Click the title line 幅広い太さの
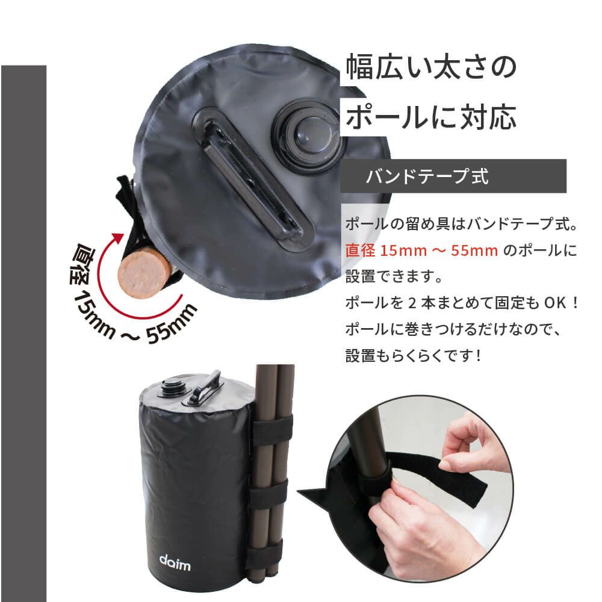coord(431,68)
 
